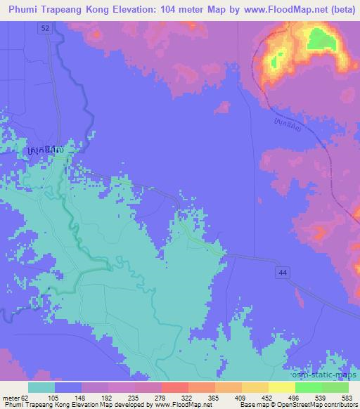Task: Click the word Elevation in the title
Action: (x=126, y=8)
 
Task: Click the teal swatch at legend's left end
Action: (x=41, y=387)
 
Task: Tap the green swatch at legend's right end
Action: (x=335, y=387)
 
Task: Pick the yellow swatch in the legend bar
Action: (x=281, y=387)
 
